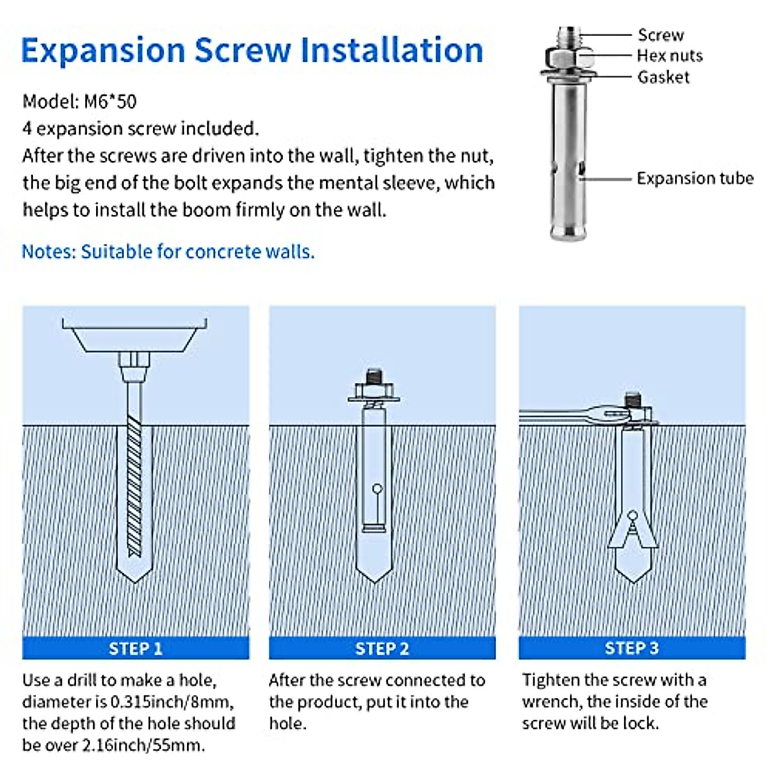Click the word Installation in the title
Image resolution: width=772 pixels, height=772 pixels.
pyautogui.click(x=391, y=50)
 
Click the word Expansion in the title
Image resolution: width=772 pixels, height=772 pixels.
pyautogui.click(x=103, y=51)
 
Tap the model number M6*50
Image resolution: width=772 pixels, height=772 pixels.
pyautogui.click(x=110, y=102)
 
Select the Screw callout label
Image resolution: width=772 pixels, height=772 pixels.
pyautogui.click(x=661, y=35)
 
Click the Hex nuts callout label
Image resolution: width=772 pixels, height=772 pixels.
pyautogui.click(x=670, y=56)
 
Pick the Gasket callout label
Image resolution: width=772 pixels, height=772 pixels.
pyautogui.click(x=663, y=77)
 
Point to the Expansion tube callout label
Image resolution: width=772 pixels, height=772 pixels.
pyautogui.click(x=695, y=178)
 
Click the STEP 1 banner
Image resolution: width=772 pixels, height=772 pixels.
pyautogui.click(x=135, y=648)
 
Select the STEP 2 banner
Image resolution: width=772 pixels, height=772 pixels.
pyautogui.click(x=382, y=648)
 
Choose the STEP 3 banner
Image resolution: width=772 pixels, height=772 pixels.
pyautogui.click(x=632, y=648)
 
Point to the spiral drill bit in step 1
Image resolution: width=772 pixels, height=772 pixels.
pyautogui.click(x=134, y=486)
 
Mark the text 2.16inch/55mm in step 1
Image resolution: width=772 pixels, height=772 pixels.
pyautogui.click(x=143, y=745)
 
